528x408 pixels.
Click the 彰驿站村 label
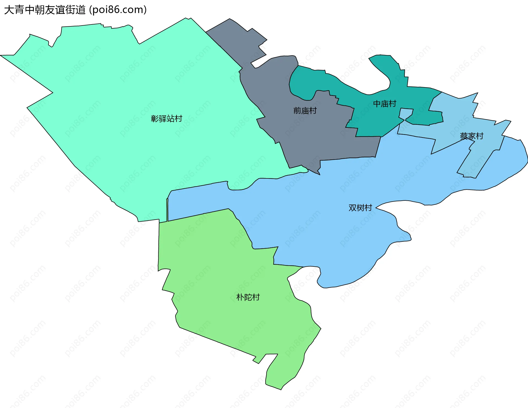coord(166,118)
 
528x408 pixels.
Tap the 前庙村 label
coord(305,111)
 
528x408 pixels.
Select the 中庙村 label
coord(384,104)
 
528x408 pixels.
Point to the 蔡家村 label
coord(471,136)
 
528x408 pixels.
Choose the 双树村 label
coord(360,208)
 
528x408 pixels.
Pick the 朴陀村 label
coord(248,297)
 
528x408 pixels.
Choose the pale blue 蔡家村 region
coord(484,154)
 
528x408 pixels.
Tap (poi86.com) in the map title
coord(118,10)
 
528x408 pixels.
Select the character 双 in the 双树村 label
coord(352,208)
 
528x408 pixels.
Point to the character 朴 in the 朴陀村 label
coord(240,297)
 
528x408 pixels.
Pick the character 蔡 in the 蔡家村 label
coord(464,136)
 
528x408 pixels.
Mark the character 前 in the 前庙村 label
coord(297,111)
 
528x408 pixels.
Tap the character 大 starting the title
coord(9,10)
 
